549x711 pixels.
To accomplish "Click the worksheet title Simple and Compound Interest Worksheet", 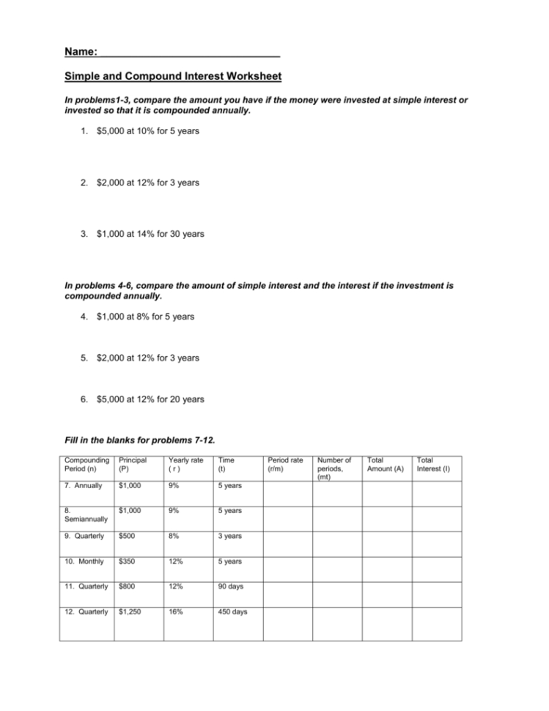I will tap(173, 76).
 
